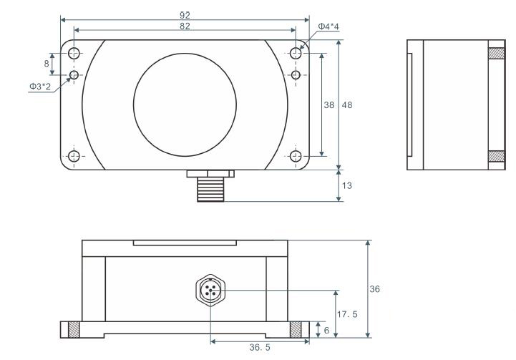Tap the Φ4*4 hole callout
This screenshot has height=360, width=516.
(x=328, y=27)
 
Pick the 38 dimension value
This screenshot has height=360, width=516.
(x=330, y=104)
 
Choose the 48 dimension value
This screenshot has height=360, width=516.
(x=347, y=104)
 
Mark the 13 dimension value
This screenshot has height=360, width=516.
(x=347, y=185)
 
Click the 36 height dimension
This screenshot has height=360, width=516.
(x=375, y=289)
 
